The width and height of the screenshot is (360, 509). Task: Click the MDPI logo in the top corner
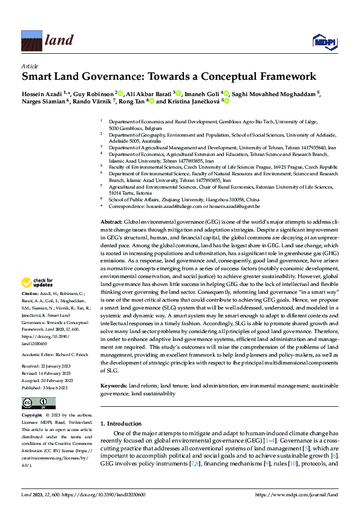[324, 41]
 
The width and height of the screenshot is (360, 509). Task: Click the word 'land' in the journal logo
[59, 41]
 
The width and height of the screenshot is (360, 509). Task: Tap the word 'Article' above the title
[30, 65]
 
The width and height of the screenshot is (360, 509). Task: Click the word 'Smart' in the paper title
[39, 77]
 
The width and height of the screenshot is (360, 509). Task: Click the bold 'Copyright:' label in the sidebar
[32, 398]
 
